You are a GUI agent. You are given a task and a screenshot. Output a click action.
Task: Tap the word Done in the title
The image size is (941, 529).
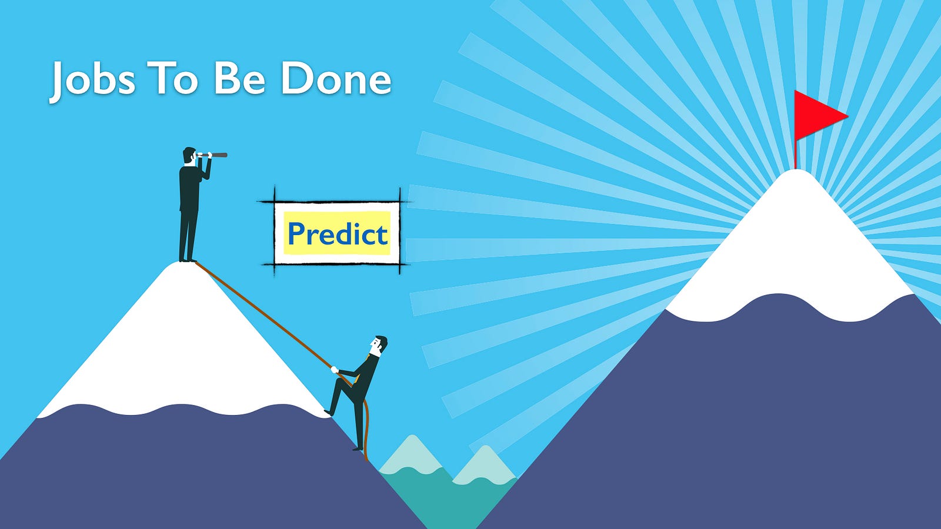(336, 78)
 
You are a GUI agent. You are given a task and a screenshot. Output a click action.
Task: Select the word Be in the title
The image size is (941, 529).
(239, 78)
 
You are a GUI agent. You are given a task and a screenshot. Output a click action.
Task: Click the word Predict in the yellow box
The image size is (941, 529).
(338, 233)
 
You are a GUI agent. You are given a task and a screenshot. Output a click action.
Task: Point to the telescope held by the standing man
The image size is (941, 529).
(213, 155)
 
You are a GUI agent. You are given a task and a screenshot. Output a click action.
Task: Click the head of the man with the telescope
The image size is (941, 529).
(189, 155)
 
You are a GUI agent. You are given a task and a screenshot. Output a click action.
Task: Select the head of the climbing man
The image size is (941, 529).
(378, 345)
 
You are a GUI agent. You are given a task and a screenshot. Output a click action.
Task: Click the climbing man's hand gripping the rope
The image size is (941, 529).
(335, 370)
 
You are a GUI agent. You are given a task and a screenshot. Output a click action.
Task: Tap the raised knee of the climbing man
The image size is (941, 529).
(339, 383)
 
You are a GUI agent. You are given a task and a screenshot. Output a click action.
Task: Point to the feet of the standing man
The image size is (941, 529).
(188, 260)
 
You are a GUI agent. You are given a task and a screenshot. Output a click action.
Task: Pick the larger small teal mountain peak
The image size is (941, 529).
(411, 453)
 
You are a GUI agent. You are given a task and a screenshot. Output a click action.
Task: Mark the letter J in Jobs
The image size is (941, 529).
(57, 82)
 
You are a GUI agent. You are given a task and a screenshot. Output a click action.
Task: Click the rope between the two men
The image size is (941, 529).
(264, 315)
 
